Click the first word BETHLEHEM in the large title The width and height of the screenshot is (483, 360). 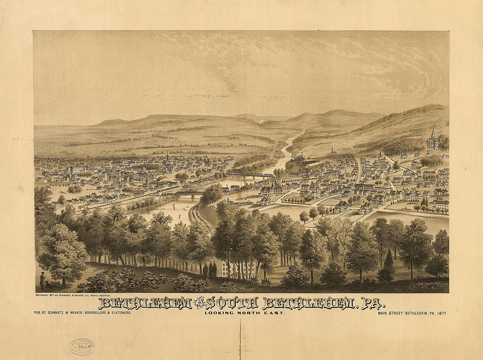coord(145,303)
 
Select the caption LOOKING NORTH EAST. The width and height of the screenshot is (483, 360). coord(245,313)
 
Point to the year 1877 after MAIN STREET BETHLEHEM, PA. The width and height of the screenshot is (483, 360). coord(440,313)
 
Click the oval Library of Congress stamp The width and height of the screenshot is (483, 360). coord(82,346)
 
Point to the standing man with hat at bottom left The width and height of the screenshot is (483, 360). coord(43,281)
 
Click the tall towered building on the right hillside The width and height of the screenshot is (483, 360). coord(433,140)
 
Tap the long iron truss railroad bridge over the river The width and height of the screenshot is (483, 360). coord(250,174)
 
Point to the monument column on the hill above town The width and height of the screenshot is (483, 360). coord(332,150)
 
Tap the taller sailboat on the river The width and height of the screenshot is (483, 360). coord(173,206)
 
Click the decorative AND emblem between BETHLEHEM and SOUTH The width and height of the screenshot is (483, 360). coord(199,303)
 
